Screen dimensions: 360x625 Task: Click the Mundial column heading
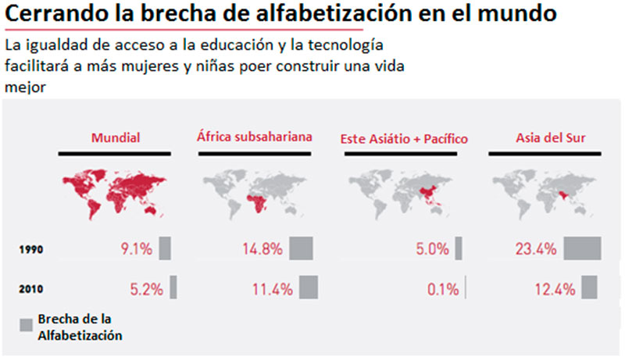point(115,138)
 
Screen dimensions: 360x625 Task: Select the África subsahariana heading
point(255,137)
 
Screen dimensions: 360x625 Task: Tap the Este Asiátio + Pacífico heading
point(403,139)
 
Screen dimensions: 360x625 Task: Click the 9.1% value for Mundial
point(137,250)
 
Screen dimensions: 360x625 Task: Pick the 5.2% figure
point(146,289)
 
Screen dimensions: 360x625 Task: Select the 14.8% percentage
point(262,250)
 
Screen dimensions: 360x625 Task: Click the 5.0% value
point(432,250)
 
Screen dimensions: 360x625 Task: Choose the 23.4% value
point(536,250)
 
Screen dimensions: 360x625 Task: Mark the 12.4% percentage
point(555,289)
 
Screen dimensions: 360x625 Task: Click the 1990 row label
point(30,251)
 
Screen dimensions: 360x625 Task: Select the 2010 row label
point(30,289)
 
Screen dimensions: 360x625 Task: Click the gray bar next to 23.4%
point(582,248)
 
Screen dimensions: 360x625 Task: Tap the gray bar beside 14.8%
point(301,248)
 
